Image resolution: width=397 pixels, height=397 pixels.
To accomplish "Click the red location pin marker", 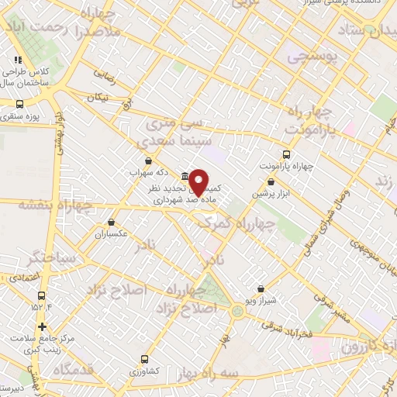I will tap(199, 181).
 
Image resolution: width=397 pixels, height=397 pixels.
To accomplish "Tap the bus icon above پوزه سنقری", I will tap(19, 103).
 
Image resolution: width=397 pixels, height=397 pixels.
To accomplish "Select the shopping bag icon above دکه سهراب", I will tap(148, 161).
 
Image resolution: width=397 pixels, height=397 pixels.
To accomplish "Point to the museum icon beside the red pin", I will tap(185, 175).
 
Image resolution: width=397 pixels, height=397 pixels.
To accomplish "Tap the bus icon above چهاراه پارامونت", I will tap(286, 154).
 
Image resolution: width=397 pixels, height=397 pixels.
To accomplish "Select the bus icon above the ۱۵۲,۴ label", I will tap(42, 295).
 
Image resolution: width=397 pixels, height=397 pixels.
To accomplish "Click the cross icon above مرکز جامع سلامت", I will tap(42, 326).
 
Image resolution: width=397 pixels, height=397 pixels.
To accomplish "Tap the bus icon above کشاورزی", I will tap(145, 359).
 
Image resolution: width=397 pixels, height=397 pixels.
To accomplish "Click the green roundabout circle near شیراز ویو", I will tap(236, 311).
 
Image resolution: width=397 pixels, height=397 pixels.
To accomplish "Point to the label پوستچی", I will tap(307, 57).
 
